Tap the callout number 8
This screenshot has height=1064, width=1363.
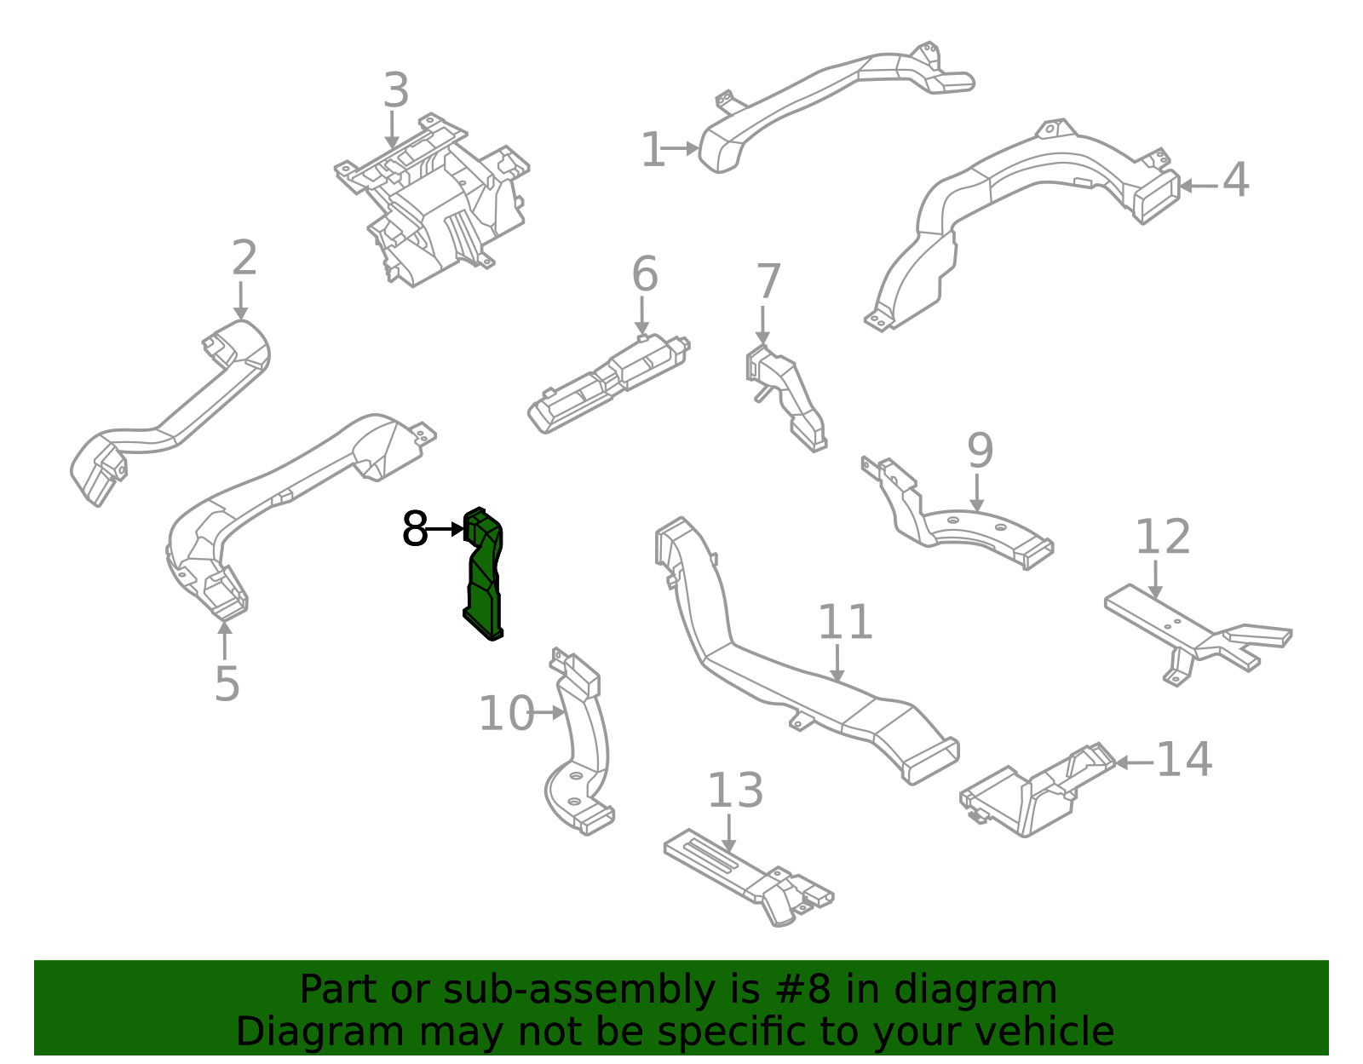tap(415, 530)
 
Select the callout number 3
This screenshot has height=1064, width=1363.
tap(395, 90)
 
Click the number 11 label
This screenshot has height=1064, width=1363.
tap(845, 623)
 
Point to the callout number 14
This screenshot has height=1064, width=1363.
tap(1184, 759)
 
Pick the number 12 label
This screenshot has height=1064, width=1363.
tap(1163, 538)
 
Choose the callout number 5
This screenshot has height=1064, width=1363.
tap(227, 684)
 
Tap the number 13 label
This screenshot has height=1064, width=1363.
tap(735, 791)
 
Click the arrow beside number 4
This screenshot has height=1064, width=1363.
tap(1197, 186)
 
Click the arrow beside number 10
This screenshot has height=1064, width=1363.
tap(548, 713)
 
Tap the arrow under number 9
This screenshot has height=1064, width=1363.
tap(977, 493)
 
